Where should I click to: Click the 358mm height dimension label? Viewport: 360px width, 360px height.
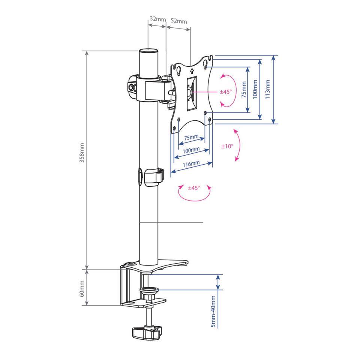point(82,153)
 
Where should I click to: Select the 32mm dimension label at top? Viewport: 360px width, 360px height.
point(157,19)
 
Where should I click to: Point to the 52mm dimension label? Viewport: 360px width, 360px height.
point(179,21)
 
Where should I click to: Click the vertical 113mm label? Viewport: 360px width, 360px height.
point(267,89)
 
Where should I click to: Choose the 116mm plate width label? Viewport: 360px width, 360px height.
point(191,164)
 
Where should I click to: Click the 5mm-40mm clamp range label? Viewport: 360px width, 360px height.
point(213,311)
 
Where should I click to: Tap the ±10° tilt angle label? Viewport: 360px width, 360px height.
point(227,146)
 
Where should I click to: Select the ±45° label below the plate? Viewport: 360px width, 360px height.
point(194,188)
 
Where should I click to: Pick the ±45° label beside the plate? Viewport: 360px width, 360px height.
point(226,92)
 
